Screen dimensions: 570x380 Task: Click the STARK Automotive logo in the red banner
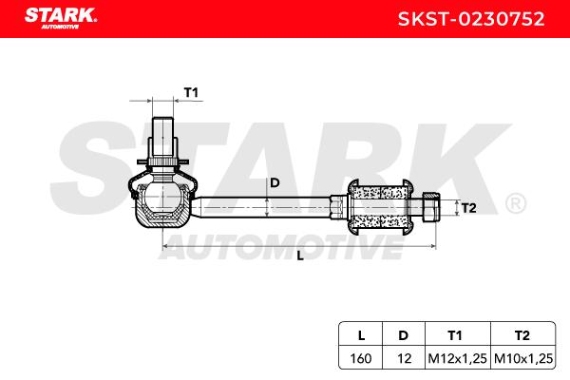[61, 18]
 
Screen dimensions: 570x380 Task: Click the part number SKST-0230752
[471, 19]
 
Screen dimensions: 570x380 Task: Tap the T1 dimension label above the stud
[191, 93]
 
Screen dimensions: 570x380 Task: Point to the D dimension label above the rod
[275, 183]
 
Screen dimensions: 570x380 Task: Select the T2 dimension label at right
[468, 208]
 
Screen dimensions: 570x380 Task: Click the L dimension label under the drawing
[300, 256]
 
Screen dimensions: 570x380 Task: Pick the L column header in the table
[361, 335]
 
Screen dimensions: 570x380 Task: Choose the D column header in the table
[403, 335]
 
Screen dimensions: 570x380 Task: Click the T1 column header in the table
[455, 335]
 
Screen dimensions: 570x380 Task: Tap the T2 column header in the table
[522, 335]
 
